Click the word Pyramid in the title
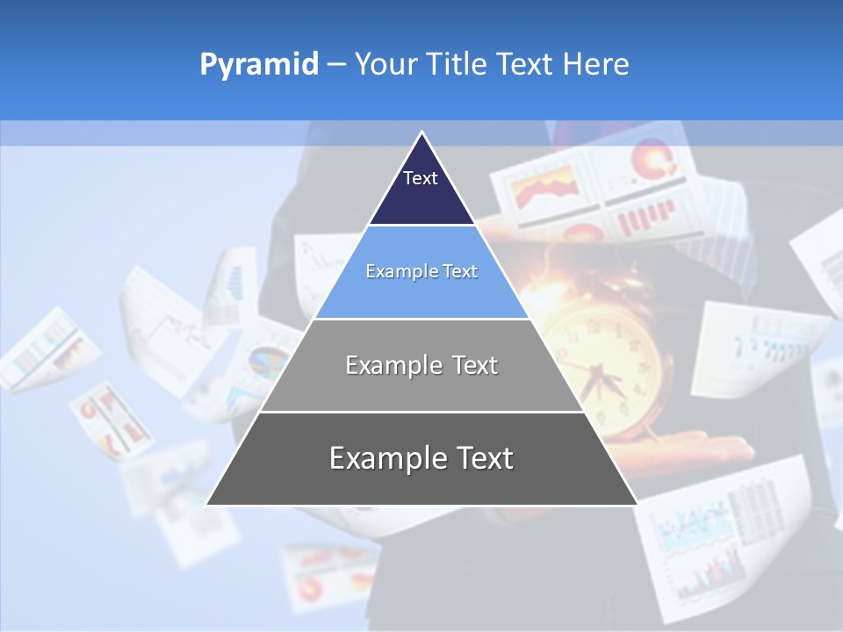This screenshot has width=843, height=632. pos(259,65)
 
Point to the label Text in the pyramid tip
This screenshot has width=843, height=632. pos(421,178)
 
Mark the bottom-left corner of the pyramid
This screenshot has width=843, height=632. pos(207,505)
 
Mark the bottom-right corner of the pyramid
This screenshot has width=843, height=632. pos(637,505)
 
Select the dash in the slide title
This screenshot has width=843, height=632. pos(336,65)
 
